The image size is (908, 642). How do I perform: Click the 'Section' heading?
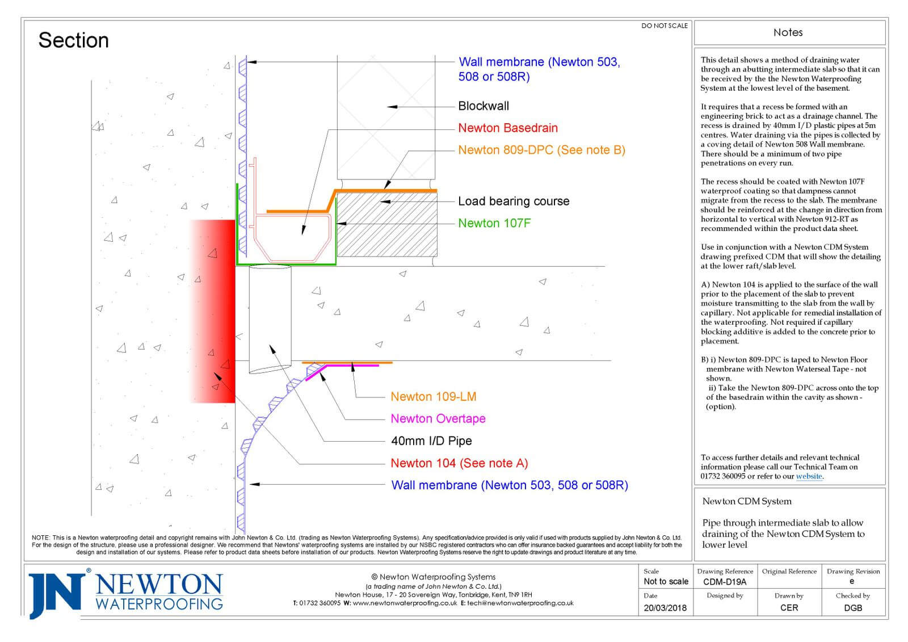click(73, 40)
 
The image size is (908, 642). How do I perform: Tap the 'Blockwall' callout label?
click(484, 106)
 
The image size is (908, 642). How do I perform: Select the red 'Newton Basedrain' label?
click(508, 128)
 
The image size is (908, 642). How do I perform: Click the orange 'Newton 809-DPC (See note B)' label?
click(541, 150)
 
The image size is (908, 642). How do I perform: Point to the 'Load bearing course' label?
click(514, 201)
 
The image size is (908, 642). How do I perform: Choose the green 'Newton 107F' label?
click(494, 223)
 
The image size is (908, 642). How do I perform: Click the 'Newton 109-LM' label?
click(433, 396)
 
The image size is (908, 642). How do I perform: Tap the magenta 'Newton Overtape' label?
click(438, 418)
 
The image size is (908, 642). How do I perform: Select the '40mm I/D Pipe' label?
click(431, 440)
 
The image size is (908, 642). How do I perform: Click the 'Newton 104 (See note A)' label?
click(459, 463)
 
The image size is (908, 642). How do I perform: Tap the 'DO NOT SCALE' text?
click(664, 26)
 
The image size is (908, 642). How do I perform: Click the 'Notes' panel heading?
click(788, 32)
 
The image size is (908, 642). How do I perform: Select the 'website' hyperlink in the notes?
click(809, 476)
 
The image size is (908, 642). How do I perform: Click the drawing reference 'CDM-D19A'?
click(725, 582)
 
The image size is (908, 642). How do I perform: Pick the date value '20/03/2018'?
click(665, 607)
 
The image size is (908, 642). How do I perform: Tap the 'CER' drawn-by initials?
click(789, 607)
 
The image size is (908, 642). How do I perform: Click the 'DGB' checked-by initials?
click(852, 607)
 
